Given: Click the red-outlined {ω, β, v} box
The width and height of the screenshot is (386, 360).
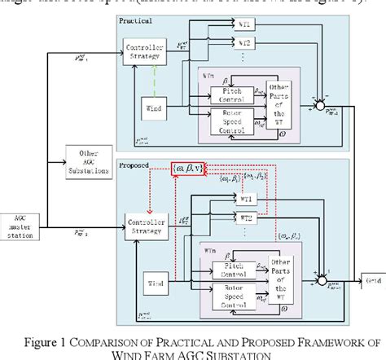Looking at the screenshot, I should tap(189, 169).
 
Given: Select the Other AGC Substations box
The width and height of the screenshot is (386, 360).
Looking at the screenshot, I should tap(85, 156).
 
